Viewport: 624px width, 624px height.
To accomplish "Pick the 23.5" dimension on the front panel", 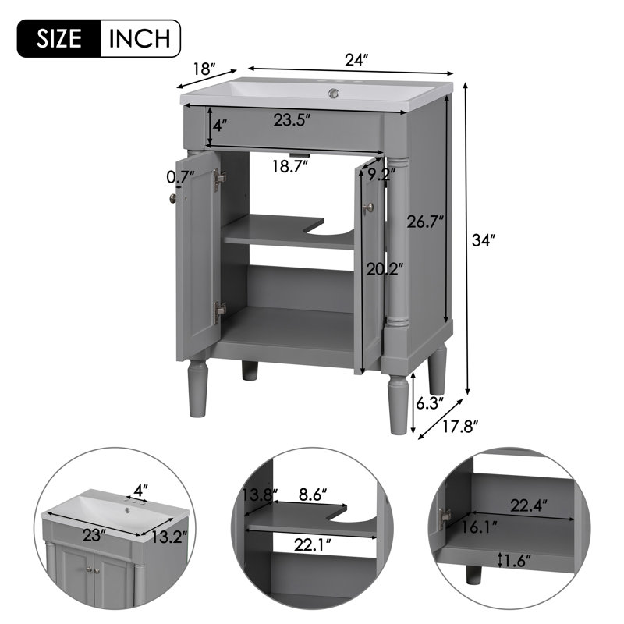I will [292, 120].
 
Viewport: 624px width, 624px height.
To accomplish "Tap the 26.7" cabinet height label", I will [425, 222].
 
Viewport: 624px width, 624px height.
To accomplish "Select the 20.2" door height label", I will [385, 270].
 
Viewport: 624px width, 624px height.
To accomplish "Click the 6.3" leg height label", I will [428, 402].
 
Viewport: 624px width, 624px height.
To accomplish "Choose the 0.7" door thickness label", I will [180, 177].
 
